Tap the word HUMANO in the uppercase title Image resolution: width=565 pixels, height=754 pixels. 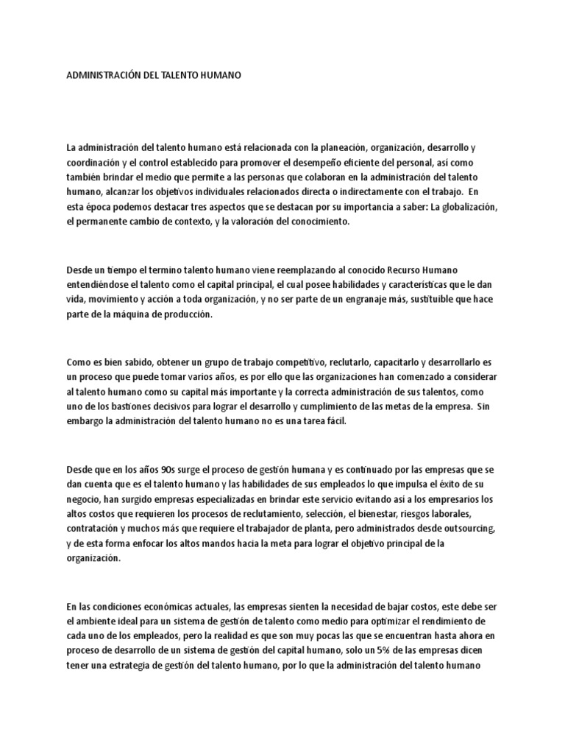[218, 75]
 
